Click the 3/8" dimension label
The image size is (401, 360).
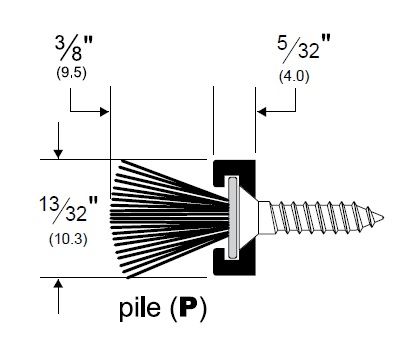coord(74,48)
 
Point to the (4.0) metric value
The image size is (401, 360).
coord(294,77)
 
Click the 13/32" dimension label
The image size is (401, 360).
coord(68,209)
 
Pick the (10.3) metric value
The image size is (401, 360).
coord(68,240)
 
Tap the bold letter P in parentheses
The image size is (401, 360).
coord(189,307)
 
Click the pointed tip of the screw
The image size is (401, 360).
coord(383,218)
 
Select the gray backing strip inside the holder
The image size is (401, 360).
coord(233,218)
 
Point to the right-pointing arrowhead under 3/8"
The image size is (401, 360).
coord(105,112)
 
